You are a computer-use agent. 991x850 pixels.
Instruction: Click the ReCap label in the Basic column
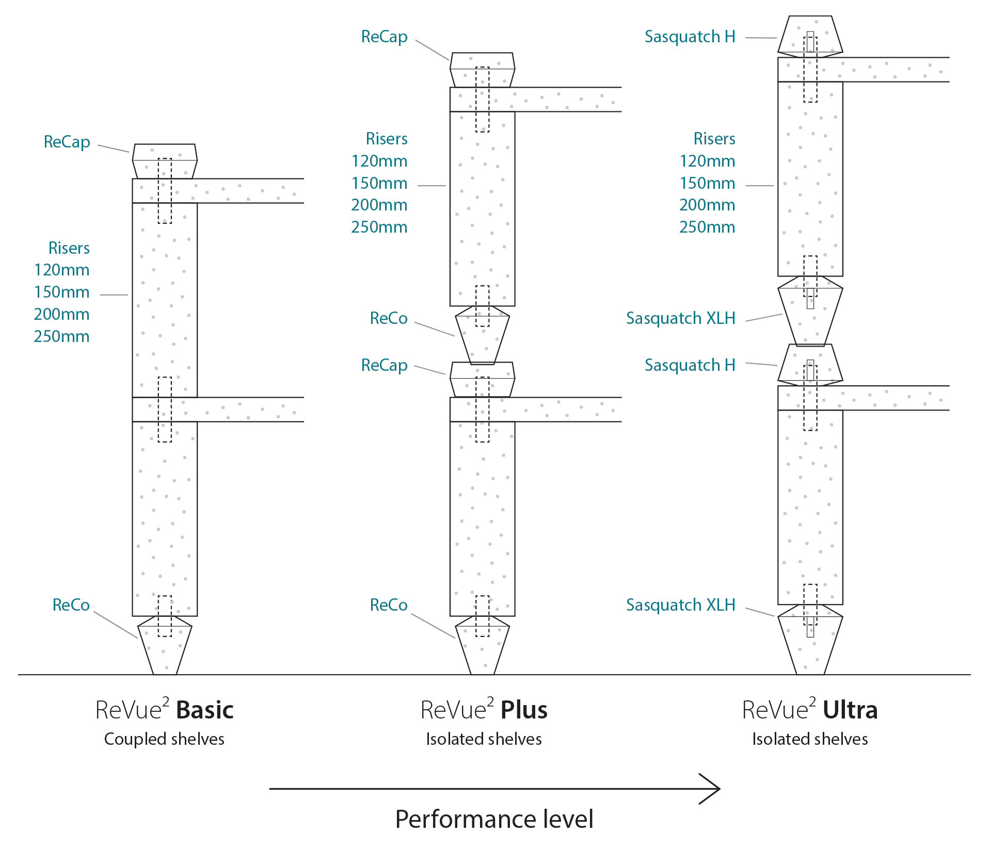(67, 142)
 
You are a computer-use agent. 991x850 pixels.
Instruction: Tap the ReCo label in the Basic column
(71, 604)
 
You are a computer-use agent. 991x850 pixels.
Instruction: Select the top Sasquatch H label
(690, 37)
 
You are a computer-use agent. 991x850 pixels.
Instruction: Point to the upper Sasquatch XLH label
(680, 318)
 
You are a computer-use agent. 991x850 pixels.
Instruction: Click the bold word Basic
(205, 710)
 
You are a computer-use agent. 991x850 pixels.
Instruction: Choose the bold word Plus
(524, 710)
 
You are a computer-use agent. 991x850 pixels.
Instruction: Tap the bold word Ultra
(850, 710)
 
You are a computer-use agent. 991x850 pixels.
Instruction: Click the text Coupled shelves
(164, 739)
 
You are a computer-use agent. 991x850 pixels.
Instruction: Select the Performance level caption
(494, 819)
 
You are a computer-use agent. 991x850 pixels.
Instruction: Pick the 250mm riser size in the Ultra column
(707, 227)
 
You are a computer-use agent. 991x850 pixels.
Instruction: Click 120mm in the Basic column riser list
(61, 270)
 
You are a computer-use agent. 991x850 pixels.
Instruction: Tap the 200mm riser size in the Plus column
(379, 205)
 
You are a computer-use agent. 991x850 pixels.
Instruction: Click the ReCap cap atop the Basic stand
(165, 161)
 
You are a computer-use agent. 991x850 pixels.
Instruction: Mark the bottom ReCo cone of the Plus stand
(482, 647)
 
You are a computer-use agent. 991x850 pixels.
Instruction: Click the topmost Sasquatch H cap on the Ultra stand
(810, 35)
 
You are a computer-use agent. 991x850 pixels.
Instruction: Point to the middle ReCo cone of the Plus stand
(482, 335)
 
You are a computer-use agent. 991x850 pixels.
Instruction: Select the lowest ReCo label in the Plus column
(388, 604)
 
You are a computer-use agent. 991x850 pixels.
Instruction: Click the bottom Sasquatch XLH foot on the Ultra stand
(810, 642)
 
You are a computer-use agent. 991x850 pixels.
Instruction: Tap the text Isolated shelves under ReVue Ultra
(810, 739)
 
